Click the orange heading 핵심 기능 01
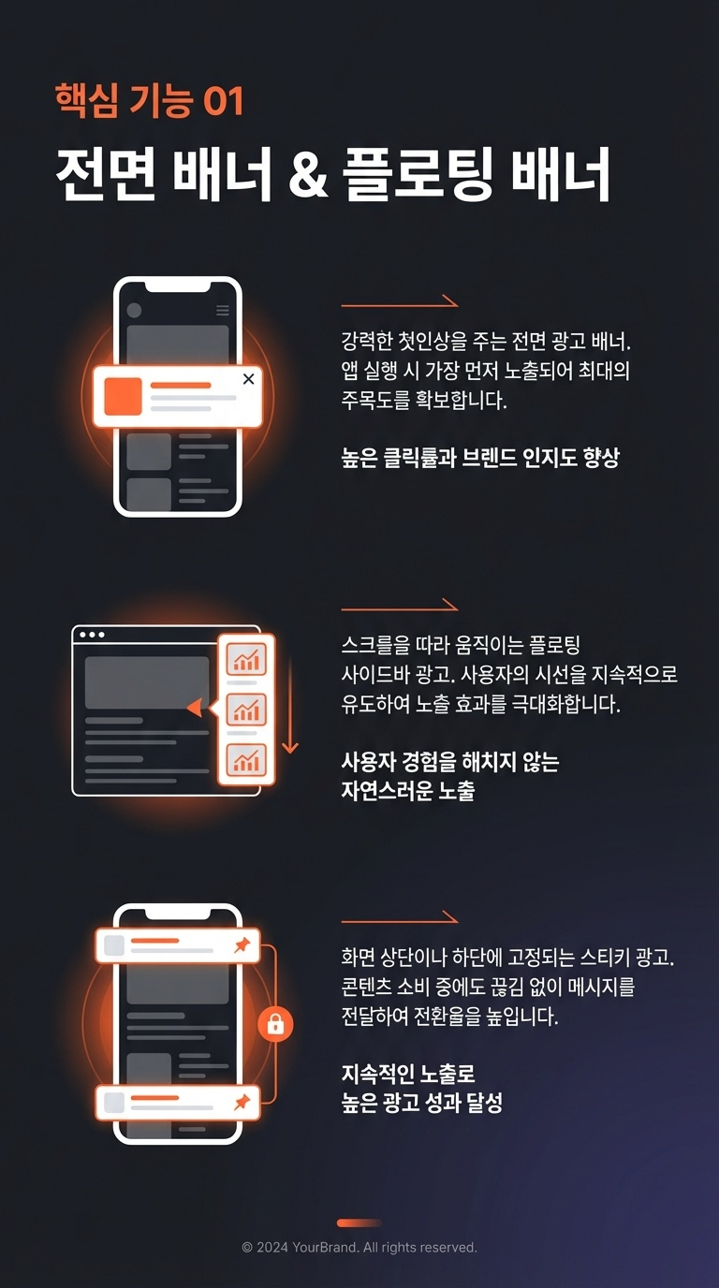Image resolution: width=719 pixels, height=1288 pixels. tap(150, 101)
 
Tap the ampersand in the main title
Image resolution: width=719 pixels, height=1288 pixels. tap(308, 174)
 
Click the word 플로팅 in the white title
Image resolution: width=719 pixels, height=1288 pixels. tap(417, 174)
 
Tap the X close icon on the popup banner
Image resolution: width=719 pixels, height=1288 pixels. tap(248, 379)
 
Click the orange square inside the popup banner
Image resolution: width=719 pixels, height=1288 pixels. tap(123, 396)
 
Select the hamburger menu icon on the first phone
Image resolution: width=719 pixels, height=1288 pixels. tap(223, 311)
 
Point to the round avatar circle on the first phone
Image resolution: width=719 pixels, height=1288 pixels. tap(134, 311)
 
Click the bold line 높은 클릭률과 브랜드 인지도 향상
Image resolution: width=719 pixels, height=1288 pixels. tap(480, 458)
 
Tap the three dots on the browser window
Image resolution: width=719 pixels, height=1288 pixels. tap(92, 635)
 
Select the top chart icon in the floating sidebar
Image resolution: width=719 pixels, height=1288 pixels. tap(246, 659)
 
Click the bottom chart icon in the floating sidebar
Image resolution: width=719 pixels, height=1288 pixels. tap(246, 759)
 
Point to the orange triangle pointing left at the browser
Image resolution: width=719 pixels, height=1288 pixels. tap(195, 708)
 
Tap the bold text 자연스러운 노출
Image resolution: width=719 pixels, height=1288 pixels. tap(408, 791)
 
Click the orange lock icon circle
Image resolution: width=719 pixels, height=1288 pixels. tap(275, 1024)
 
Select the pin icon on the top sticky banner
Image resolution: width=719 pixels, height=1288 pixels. tap(242, 944)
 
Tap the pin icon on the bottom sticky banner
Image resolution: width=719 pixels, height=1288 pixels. tap(242, 1102)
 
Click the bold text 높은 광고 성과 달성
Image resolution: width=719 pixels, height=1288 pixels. tap(421, 1103)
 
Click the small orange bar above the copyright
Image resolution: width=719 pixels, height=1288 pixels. tap(359, 1223)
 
